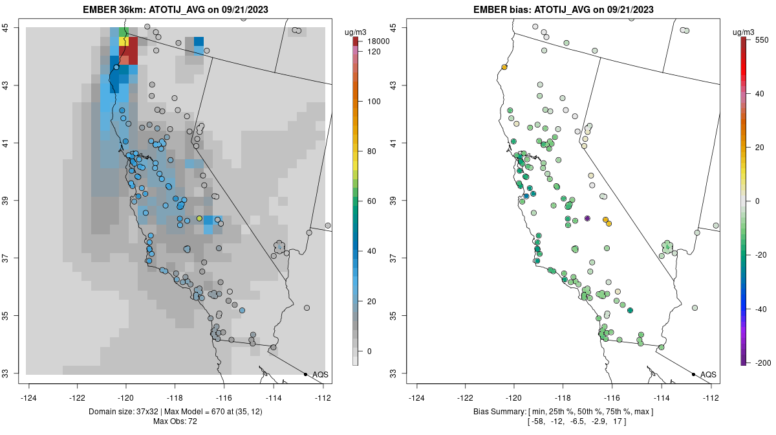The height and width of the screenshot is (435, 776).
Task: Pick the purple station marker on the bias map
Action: tap(587, 218)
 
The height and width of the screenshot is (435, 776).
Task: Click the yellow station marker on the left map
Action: tap(199, 218)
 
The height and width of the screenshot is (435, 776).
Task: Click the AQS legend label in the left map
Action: tap(320, 374)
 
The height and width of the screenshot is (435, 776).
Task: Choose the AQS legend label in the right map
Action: tap(708, 374)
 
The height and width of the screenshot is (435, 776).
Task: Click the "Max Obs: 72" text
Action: tap(175, 421)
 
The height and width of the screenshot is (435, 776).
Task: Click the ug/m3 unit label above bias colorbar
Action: tap(746, 32)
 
